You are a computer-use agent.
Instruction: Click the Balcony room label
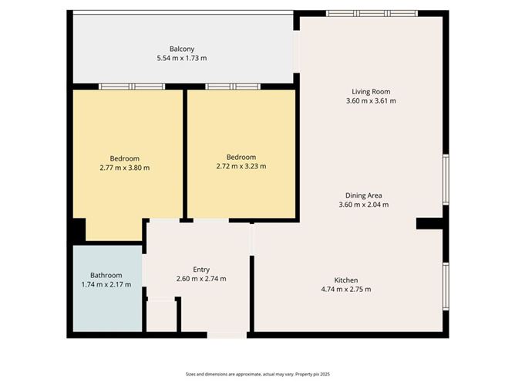[182, 49]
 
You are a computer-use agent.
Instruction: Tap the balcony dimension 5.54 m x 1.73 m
[182, 58]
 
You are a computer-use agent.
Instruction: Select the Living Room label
[371, 91]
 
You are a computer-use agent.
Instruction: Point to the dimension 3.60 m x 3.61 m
[371, 100]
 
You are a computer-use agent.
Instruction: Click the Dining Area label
[363, 195]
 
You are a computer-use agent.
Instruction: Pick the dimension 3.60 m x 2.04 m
[363, 205]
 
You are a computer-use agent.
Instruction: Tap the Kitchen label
[345, 280]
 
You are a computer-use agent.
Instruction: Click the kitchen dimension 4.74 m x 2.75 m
[345, 289]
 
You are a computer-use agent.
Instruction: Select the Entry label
[201, 269]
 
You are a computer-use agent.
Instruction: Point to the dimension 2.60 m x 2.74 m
[201, 278]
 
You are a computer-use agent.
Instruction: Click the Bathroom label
[106, 275]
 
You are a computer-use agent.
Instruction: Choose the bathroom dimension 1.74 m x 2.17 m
[106, 284]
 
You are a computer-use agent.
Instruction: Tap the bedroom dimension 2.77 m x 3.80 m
[124, 167]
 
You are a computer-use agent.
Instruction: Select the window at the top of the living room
[371, 13]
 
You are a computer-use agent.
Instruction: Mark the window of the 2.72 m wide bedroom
[233, 87]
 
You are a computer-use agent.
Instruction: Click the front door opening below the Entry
[227, 335]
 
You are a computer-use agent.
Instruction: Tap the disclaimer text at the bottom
[257, 373]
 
